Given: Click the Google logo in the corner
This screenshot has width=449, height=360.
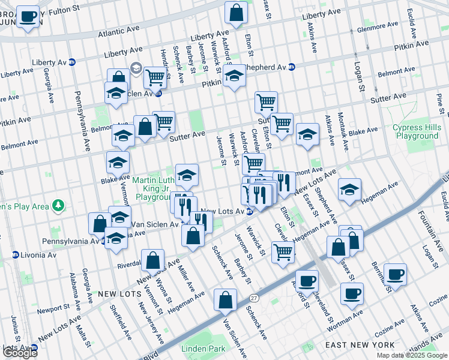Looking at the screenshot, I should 20,352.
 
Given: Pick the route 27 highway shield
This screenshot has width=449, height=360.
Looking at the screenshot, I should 254,298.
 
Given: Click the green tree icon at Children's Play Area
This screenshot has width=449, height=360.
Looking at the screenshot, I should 58,206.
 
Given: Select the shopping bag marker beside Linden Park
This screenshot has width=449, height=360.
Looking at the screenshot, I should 225,301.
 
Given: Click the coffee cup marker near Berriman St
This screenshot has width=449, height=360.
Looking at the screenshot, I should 395,275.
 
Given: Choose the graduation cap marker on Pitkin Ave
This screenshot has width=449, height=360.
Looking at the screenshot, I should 235,76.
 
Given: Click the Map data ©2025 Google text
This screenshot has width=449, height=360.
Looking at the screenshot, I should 412,355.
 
